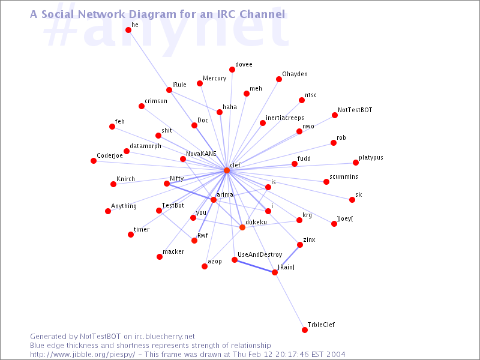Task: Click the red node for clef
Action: point(227,170)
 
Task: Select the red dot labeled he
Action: point(128,30)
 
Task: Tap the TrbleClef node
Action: point(305,330)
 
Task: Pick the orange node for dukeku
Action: point(242,227)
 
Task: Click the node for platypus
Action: point(355,163)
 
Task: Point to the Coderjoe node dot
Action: point(94,161)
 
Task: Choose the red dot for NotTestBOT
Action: point(335,115)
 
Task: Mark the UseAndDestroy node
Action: point(235,260)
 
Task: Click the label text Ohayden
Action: point(295,74)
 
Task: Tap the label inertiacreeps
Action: point(284,118)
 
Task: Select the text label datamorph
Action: point(145,146)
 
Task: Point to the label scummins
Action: point(343,176)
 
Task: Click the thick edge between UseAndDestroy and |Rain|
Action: point(254,266)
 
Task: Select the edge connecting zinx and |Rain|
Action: point(287,259)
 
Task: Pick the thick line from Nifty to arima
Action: point(190,191)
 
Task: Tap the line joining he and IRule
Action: point(149,60)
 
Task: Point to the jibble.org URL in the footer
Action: point(82,355)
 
